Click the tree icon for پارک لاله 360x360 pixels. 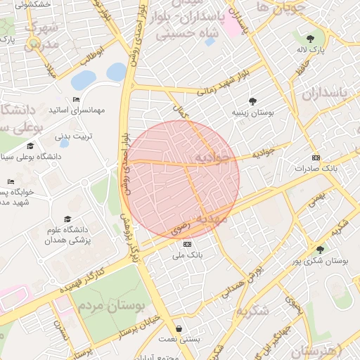pos(310,38)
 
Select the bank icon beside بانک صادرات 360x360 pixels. pos(316,157)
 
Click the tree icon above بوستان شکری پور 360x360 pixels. pos(320,249)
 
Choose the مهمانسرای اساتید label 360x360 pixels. pos(77,110)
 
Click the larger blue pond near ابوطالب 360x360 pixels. pos(84,79)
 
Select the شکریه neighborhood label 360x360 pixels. pos(252,310)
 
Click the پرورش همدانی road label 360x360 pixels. pos(244,281)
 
